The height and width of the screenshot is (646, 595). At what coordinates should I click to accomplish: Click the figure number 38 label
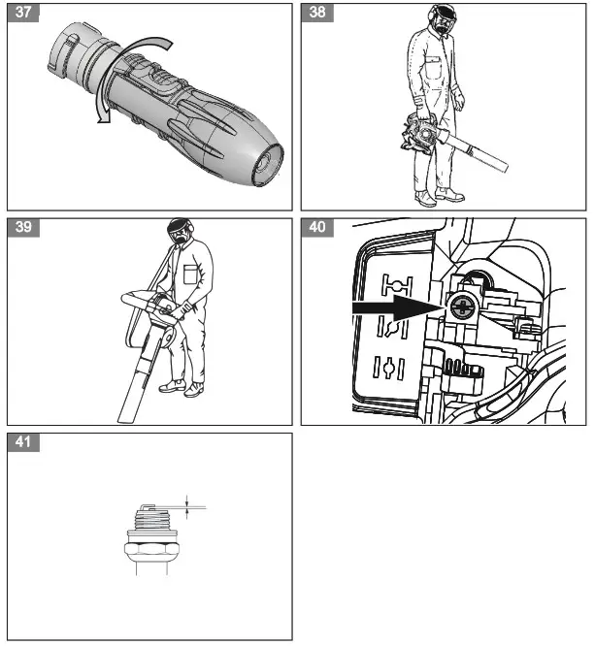point(318,14)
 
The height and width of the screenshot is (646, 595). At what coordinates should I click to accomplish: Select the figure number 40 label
point(318,229)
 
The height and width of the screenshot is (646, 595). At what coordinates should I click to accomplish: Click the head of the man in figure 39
point(178,233)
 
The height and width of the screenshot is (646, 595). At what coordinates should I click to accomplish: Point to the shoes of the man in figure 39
point(182,388)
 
